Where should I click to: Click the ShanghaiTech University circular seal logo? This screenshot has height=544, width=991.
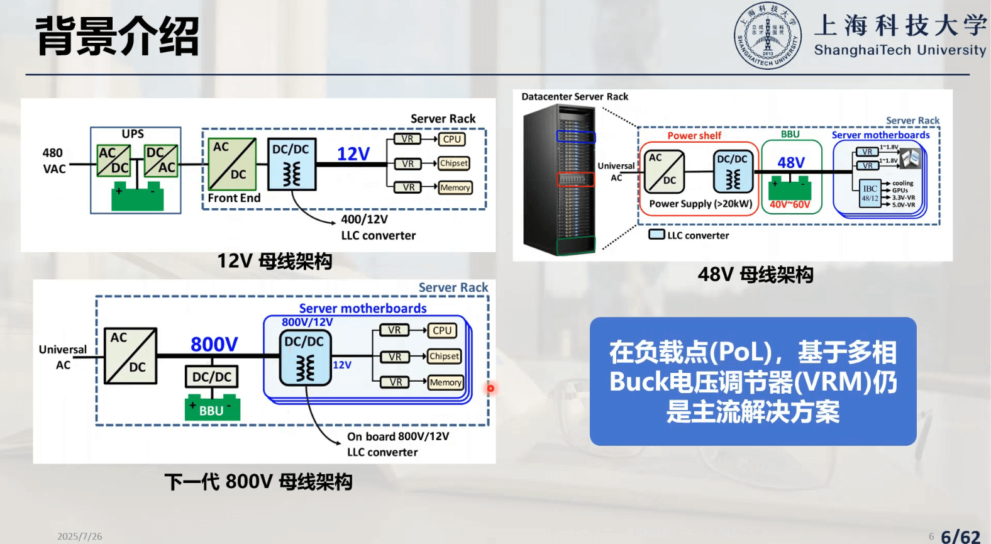coord(768,35)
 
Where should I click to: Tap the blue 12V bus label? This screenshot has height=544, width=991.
coord(353,154)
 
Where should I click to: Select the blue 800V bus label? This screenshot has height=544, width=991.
coord(214,344)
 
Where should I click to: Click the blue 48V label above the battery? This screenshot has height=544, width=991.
coord(790,163)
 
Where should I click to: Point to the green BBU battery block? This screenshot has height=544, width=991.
coord(212,408)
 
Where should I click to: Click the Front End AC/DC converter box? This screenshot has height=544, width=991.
coord(232,164)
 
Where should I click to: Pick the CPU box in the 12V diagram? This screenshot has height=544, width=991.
coord(451,139)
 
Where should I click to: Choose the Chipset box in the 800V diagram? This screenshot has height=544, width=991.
coord(444,356)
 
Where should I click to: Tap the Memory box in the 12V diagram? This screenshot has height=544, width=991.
coord(455,187)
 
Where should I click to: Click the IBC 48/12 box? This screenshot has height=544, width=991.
coord(870,193)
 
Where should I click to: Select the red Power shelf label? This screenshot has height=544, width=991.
coord(694,135)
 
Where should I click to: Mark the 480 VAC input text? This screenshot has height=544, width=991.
coord(53,160)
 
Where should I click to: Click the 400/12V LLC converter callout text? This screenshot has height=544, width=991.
coord(378,227)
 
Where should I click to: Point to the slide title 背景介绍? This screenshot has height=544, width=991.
coord(118,36)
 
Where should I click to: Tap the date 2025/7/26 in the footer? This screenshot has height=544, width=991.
coord(79,536)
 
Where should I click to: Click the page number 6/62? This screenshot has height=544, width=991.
coord(960,536)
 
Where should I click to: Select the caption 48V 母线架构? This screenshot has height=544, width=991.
coord(755,274)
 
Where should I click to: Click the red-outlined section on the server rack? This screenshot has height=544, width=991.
coord(575,179)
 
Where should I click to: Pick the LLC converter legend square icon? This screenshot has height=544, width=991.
coord(656,235)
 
